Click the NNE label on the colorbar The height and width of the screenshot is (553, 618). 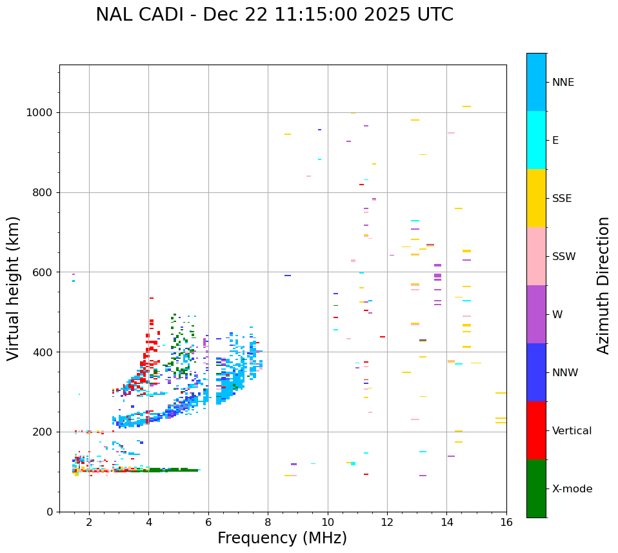(563, 83)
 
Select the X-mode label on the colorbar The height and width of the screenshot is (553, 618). (572, 489)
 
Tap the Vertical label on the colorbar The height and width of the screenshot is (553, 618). (572, 431)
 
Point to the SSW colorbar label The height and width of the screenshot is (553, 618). (564, 257)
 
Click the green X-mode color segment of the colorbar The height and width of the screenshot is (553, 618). (536, 488)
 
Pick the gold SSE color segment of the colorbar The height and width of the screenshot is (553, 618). (536, 198)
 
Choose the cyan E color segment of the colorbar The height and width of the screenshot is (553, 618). (536, 140)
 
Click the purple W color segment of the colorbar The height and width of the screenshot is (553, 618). (536, 314)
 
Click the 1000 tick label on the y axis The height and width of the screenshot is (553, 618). (40, 113)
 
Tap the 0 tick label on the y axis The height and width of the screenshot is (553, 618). (50, 512)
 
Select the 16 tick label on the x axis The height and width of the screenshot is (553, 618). (506, 522)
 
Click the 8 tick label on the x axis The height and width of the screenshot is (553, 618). (268, 522)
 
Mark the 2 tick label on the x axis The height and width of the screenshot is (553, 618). (89, 522)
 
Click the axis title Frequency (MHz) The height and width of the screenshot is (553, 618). (282, 538)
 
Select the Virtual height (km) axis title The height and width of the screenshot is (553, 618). (14, 288)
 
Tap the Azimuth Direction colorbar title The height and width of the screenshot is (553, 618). (603, 285)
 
